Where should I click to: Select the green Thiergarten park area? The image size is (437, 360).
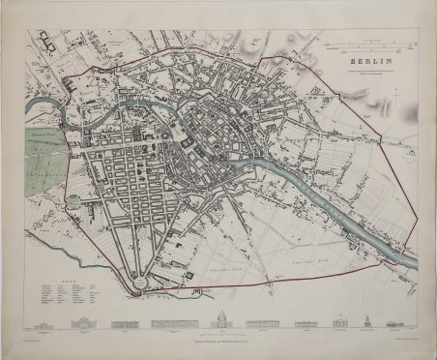click(49, 156)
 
